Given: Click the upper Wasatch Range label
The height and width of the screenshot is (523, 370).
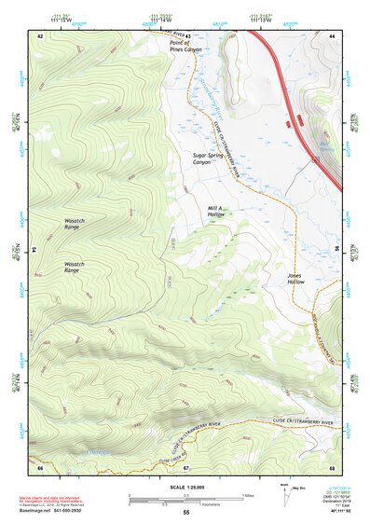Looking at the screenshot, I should tap(77, 224).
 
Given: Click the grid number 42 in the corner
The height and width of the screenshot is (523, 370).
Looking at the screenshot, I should tap(40, 35).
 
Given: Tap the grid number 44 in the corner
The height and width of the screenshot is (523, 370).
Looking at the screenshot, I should tap(333, 35).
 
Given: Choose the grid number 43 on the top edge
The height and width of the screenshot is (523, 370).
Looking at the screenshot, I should tap(185, 35).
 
